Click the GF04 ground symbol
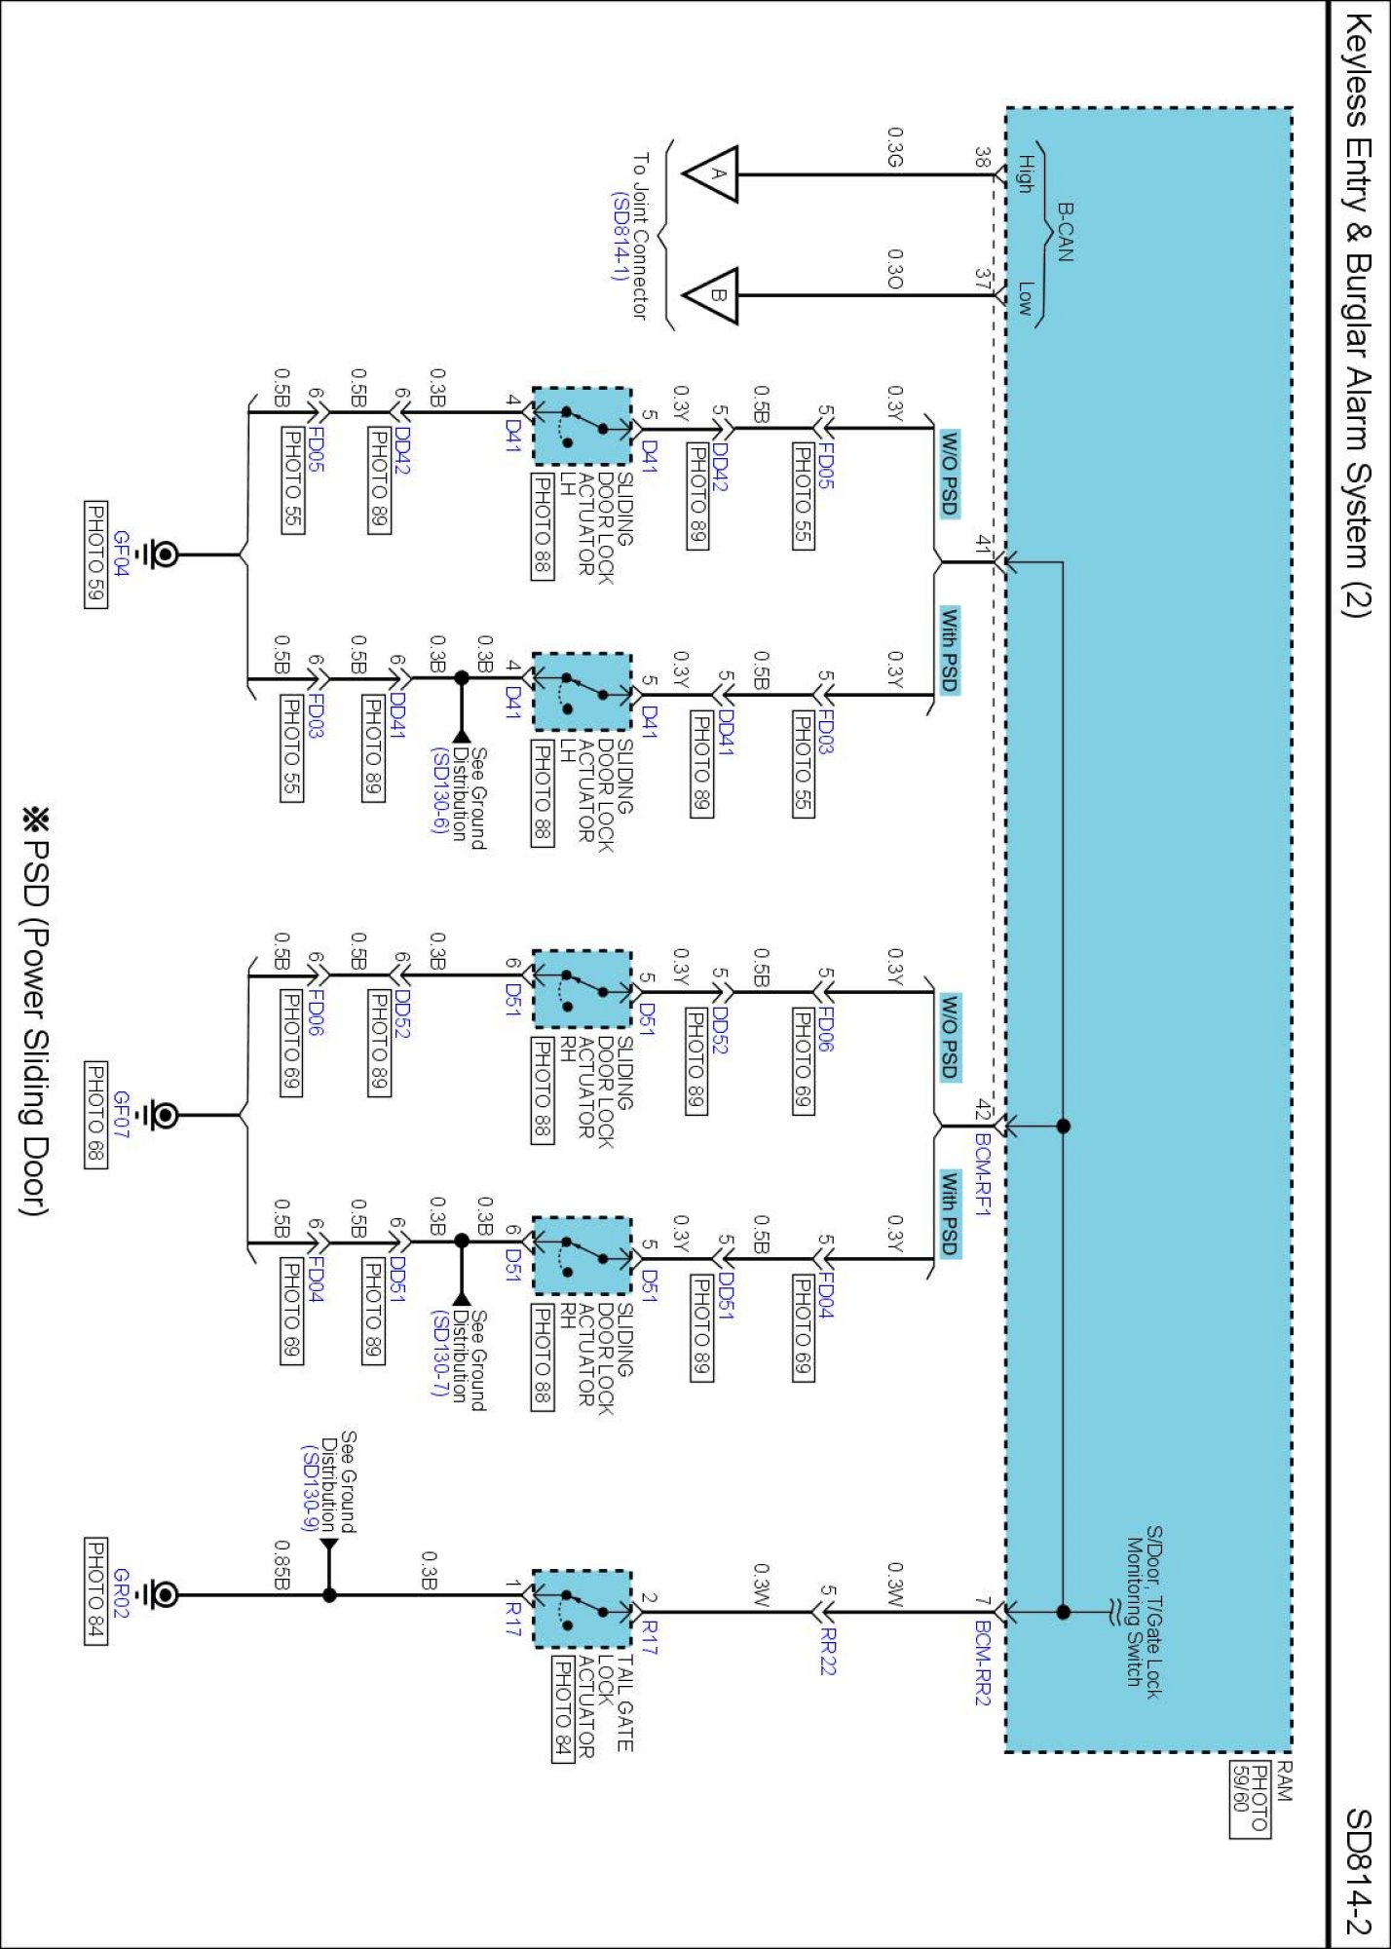pos(160,554)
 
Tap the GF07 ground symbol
pos(160,1115)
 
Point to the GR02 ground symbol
pos(160,1595)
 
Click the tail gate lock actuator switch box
pos(583,1608)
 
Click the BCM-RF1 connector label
pos(983,1173)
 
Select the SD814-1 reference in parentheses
pos(620,236)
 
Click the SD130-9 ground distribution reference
pos(310,1487)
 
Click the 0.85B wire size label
pos(282,1564)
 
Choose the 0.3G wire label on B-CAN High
pos(895,146)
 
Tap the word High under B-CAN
pos(1025,173)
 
